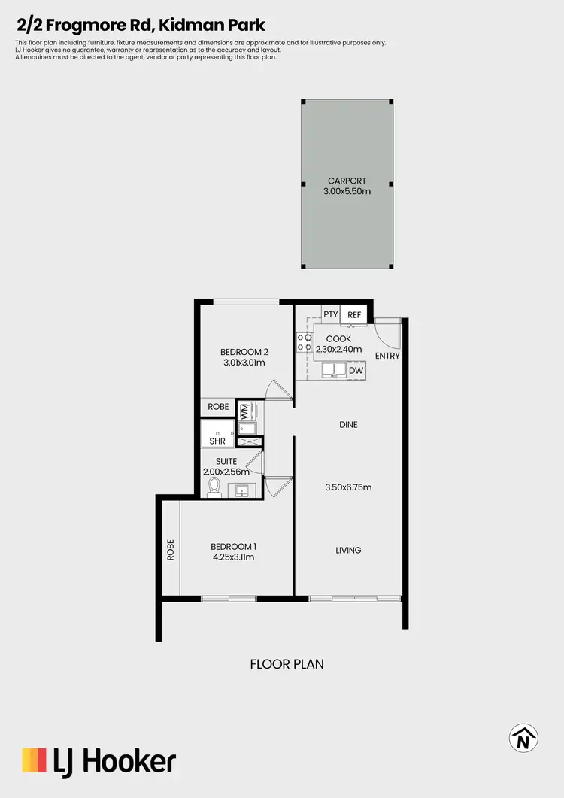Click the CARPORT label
point(347,181)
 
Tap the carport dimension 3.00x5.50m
point(347,191)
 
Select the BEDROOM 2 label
point(244,352)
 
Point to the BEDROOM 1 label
point(233,546)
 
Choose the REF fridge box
point(354,315)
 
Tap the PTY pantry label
point(330,315)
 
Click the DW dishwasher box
point(356,370)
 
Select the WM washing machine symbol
point(244,412)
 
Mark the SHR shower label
point(217,441)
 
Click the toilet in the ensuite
point(214,487)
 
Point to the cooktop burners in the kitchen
point(304,343)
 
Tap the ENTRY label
point(387,356)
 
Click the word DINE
point(348,425)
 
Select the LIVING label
point(348,551)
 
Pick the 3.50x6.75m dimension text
point(348,487)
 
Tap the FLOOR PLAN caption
point(287,664)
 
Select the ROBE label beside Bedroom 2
point(218,407)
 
